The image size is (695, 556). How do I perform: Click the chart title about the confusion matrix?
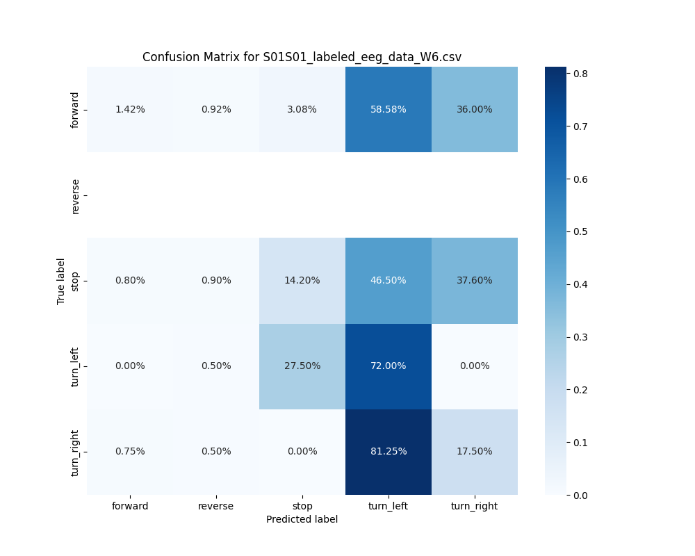[x=302, y=57]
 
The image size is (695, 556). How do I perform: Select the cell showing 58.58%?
[x=388, y=109]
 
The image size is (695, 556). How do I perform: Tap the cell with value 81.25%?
[x=388, y=451]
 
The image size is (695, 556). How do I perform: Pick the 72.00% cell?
[x=388, y=366]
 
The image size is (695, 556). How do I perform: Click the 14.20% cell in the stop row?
[x=302, y=280]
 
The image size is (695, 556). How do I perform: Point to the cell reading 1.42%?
[x=130, y=109]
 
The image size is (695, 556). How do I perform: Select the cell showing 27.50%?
[x=302, y=366]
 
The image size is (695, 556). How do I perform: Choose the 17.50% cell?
[x=474, y=451]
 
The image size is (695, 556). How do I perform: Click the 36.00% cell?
[x=474, y=109]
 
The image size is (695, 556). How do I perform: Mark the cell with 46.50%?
[x=388, y=280]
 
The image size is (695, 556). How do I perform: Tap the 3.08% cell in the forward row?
[x=302, y=109]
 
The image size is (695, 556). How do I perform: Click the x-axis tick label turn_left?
[x=388, y=506]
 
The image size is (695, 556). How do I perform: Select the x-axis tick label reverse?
[x=216, y=506]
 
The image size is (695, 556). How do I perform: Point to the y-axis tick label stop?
[x=75, y=280]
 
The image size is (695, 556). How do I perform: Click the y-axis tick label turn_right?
[x=75, y=452]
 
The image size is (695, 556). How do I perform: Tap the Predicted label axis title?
[x=302, y=519]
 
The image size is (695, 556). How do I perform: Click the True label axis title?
[x=61, y=281]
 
